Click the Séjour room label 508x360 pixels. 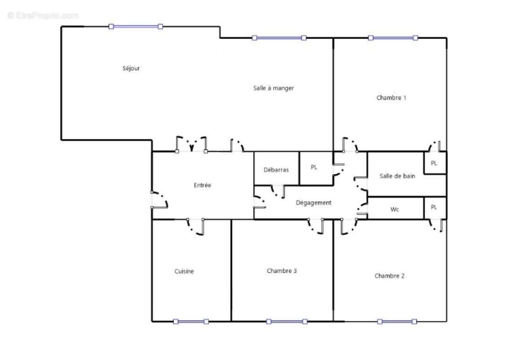131,68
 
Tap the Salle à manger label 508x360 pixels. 273,88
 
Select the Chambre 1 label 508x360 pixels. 391,97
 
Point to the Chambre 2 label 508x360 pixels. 389,276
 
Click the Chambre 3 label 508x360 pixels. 281,271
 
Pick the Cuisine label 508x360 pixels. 184,271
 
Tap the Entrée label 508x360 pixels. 202,185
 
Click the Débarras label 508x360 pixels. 276,170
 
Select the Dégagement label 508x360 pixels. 313,203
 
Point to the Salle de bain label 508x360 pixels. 397,176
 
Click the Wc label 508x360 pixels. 395,209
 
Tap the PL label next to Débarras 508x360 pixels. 314,167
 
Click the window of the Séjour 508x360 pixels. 136,27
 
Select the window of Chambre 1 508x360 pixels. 393,38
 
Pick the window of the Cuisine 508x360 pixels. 191,321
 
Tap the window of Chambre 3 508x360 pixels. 286,321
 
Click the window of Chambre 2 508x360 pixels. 397,321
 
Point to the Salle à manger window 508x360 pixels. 279,38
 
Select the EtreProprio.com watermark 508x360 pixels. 43,15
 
